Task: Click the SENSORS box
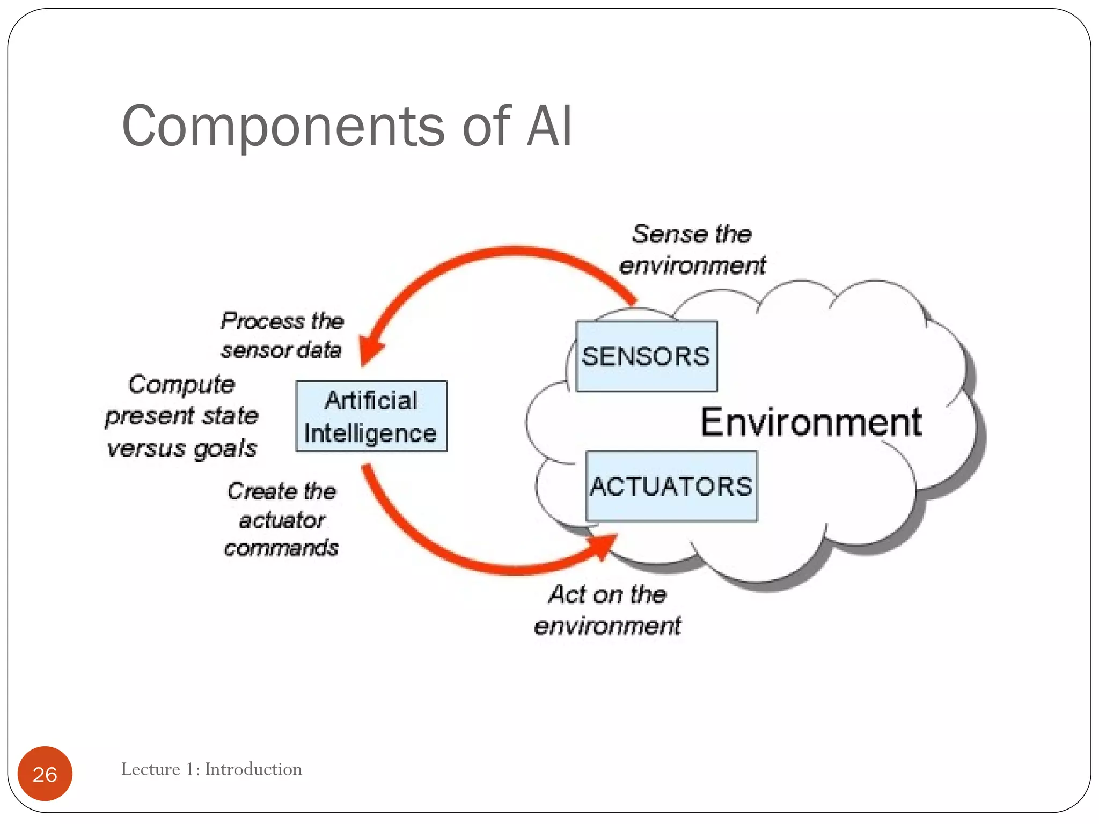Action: [x=646, y=356]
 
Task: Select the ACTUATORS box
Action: [x=671, y=486]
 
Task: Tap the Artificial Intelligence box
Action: [x=371, y=416]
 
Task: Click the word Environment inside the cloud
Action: [x=811, y=422]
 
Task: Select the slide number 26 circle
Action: [x=45, y=774]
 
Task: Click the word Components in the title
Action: [x=283, y=127]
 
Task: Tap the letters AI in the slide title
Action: [x=549, y=127]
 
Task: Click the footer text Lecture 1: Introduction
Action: [x=211, y=769]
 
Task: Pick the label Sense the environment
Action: [x=692, y=250]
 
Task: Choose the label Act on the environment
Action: [x=607, y=610]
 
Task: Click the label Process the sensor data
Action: [x=282, y=335]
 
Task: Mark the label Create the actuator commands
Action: [x=282, y=519]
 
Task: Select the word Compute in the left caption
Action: [x=181, y=385]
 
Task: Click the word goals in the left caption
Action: [x=225, y=448]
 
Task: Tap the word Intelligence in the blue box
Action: [x=370, y=433]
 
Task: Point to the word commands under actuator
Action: [x=281, y=548]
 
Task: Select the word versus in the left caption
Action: [x=146, y=448]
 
